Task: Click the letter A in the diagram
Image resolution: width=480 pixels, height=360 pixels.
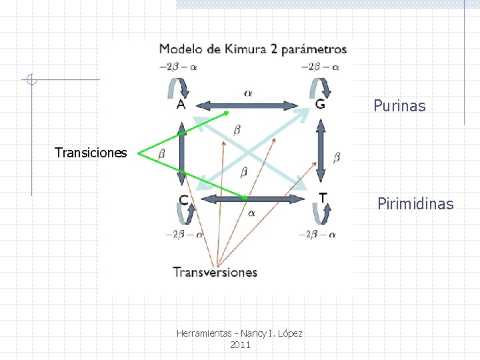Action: click(x=181, y=104)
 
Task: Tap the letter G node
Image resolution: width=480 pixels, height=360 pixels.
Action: click(x=321, y=104)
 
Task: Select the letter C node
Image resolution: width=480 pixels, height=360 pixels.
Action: click(x=183, y=199)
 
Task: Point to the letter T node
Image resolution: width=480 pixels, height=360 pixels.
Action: click(x=323, y=198)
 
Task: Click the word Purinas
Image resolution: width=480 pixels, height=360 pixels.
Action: click(x=399, y=106)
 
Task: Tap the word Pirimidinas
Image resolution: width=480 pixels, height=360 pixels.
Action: click(x=415, y=204)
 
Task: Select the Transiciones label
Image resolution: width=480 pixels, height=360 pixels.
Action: click(x=91, y=153)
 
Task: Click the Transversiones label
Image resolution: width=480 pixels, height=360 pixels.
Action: click(x=215, y=272)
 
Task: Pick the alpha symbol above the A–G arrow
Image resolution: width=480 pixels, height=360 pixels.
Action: click(x=248, y=93)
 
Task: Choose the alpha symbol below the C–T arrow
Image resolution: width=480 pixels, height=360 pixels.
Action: click(x=251, y=213)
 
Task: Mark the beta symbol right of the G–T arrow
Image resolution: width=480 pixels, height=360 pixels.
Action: click(x=337, y=157)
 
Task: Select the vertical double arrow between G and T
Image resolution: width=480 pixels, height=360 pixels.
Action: click(x=321, y=151)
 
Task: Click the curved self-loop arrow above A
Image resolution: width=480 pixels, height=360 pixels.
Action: click(x=175, y=87)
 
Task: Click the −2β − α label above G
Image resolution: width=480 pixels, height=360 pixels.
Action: click(x=321, y=67)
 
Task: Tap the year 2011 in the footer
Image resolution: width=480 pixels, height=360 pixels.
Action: click(x=239, y=345)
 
